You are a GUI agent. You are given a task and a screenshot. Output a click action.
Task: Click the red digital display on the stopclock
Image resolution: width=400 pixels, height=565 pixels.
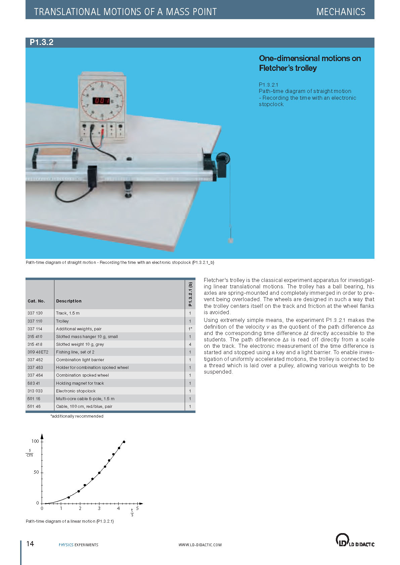click(x=101, y=100)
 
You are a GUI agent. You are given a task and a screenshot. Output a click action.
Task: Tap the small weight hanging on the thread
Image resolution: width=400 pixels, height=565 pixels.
click(x=230, y=240)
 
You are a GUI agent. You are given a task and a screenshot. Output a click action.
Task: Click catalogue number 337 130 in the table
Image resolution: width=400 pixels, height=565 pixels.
click(x=35, y=313)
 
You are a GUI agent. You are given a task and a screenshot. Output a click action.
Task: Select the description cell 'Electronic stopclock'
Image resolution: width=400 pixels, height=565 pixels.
click(x=76, y=391)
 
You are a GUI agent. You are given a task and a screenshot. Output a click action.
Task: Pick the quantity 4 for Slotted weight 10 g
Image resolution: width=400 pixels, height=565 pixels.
click(x=190, y=344)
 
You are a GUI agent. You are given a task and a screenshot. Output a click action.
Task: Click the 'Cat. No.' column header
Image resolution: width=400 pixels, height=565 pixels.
click(x=36, y=301)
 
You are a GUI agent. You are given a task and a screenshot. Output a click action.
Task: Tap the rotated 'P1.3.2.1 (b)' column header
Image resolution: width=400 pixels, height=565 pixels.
click(x=190, y=294)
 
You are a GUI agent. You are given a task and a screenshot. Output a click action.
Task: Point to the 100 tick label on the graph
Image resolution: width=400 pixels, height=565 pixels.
click(x=35, y=441)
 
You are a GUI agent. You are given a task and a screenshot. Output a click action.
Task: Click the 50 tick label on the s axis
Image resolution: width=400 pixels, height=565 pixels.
click(x=36, y=472)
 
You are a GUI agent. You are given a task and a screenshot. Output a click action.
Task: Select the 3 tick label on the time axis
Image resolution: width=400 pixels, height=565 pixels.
click(x=99, y=509)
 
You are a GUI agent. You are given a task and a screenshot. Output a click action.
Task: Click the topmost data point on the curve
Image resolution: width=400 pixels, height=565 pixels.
click(x=124, y=442)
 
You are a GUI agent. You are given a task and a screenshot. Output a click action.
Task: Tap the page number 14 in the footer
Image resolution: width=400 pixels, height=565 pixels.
click(x=30, y=544)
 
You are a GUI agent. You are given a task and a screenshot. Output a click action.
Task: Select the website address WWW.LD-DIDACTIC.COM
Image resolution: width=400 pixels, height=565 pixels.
click(x=200, y=545)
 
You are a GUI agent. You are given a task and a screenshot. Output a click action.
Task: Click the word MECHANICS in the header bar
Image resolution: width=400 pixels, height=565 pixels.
click(x=341, y=12)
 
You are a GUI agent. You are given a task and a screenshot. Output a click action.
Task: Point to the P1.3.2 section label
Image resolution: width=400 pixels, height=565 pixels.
click(x=42, y=42)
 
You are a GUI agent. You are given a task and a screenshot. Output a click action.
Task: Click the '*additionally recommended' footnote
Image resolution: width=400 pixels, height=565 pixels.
click(x=77, y=416)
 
